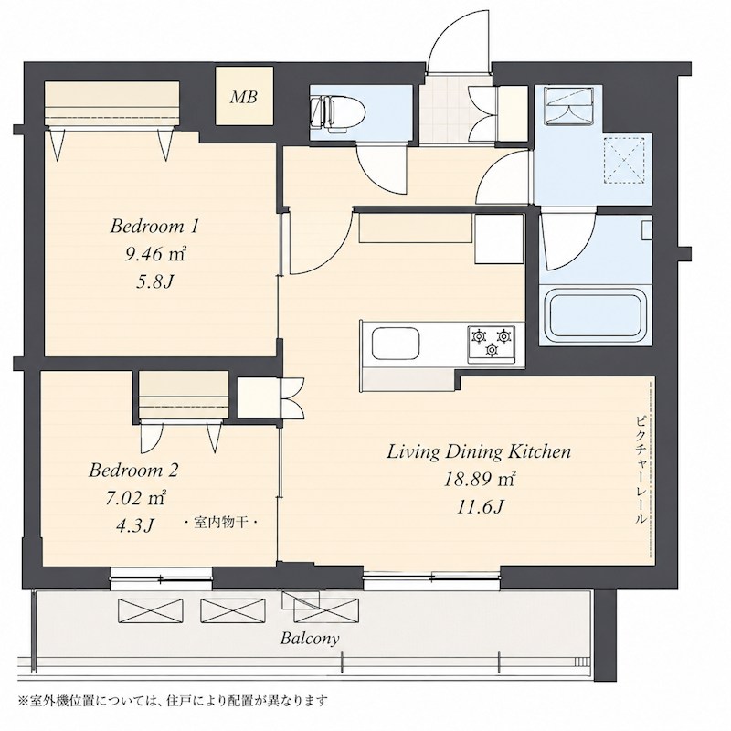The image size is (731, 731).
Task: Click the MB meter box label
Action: coord(244,97)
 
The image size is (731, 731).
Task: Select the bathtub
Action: coord(596,316)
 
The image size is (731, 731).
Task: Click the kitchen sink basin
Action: coord(396,343)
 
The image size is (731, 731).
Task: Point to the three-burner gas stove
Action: coord(492,344)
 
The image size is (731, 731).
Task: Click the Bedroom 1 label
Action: coord(154,227)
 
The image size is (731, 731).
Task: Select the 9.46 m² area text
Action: coord(155,254)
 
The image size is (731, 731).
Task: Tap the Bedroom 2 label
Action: coord(133,470)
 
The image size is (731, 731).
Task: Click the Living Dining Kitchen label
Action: coord(479,452)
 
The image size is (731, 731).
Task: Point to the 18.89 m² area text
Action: coord(479,479)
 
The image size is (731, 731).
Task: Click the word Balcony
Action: coord(310,638)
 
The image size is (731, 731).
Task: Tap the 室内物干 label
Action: coord(221,523)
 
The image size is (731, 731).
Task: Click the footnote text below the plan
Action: coord(173,700)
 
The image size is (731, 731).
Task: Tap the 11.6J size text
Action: coord(480,507)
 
